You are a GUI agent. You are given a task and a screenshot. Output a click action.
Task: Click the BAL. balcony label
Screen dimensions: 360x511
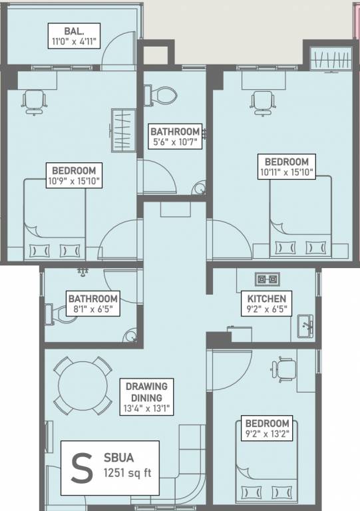click(x=74, y=31)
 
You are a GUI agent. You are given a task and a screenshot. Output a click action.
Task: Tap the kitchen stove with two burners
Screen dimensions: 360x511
click(x=267, y=279)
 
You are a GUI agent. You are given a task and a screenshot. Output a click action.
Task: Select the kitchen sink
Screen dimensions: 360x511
click(x=305, y=326)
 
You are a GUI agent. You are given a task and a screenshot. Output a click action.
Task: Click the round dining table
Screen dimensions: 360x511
click(x=83, y=385)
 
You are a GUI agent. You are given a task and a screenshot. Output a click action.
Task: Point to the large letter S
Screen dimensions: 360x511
click(x=82, y=468)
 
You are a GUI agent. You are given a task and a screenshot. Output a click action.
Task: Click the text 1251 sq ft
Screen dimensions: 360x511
click(x=128, y=473)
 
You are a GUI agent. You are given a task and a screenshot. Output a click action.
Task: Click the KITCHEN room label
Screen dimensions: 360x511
click(x=266, y=299)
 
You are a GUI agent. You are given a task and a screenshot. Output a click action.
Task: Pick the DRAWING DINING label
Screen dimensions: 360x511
click(x=146, y=392)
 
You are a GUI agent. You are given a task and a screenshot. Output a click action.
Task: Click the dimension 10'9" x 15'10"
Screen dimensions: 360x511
click(x=74, y=181)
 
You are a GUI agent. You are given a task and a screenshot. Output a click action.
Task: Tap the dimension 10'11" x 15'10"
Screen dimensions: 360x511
click(x=287, y=172)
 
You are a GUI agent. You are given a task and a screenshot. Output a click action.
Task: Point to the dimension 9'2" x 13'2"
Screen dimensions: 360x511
click(x=267, y=434)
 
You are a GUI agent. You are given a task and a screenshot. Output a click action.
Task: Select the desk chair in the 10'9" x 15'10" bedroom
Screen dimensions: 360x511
click(x=34, y=102)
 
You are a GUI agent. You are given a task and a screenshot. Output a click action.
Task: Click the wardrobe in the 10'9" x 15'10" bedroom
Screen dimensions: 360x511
click(x=124, y=130)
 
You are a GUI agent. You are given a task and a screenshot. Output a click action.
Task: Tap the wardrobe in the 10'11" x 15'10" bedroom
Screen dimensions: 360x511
click(x=331, y=59)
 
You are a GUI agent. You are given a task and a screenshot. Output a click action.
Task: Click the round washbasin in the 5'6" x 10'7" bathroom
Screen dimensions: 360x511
click(x=199, y=188)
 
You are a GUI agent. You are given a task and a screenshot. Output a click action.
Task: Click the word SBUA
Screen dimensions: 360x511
click(x=118, y=458)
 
